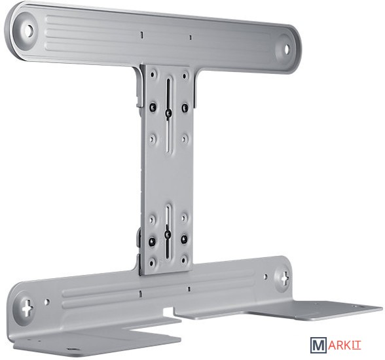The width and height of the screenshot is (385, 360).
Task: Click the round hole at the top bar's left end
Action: (29, 30)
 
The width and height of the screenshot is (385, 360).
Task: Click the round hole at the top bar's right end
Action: (287, 49)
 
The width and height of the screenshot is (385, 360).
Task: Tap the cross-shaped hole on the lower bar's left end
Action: (27, 307)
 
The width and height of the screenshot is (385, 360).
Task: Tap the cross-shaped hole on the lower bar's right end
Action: (285, 278)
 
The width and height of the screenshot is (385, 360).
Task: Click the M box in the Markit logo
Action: (319, 345)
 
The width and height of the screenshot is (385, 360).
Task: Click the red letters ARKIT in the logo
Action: (344, 346)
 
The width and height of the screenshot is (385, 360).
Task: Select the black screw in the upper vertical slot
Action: (168, 113)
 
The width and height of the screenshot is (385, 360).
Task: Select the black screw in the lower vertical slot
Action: (168, 234)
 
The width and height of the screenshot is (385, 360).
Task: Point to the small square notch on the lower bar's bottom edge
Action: (168, 311)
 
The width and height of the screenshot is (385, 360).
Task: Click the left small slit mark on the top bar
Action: (141, 35)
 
